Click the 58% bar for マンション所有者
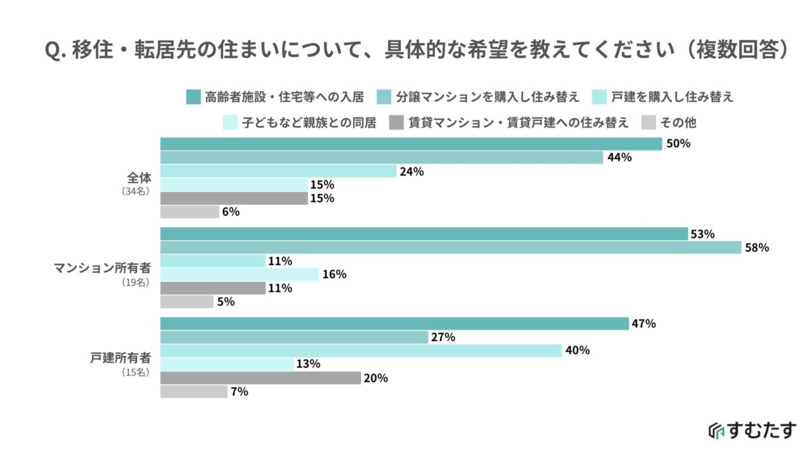(450, 248)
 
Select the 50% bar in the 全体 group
(410, 144)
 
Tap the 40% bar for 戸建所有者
(360, 351)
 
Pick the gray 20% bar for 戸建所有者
(260, 378)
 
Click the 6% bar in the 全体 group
(190, 212)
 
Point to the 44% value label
(619, 157)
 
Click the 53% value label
(702, 234)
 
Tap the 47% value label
(644, 324)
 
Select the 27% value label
(443, 337)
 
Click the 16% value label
(334, 274)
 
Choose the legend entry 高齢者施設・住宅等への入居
(283, 97)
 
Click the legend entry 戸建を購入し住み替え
(672, 97)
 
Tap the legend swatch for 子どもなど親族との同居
(230, 123)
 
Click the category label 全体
(140, 178)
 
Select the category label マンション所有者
(103, 268)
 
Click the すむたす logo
(752, 430)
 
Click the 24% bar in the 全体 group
(278, 171)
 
